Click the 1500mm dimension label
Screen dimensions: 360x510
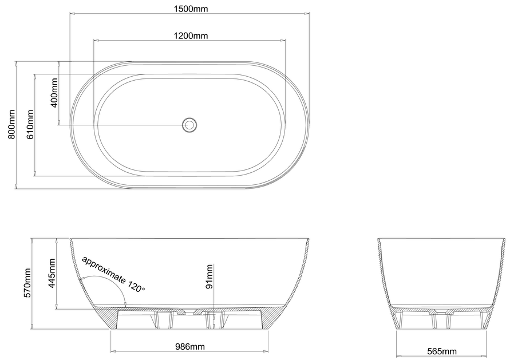190,8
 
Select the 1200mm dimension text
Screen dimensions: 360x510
190,35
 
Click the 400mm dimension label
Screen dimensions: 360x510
54,94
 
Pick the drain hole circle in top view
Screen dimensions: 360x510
189,124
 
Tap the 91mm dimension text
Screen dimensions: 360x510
209,276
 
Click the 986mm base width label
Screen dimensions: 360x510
190,346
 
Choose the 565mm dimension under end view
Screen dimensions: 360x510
441,350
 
